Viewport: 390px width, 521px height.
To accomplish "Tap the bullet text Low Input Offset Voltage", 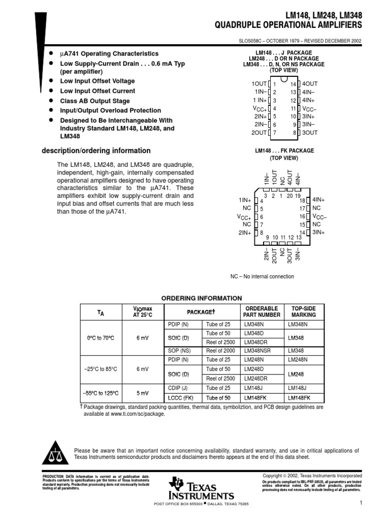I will tap(97, 81).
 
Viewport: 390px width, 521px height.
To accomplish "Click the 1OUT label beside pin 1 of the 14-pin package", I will tap(259, 83).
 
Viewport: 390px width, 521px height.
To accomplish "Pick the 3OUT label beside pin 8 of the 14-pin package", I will tap(310, 133).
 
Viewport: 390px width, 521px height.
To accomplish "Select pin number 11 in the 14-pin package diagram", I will tap(293, 108).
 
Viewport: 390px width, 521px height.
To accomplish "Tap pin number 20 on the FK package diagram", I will tap(290, 196).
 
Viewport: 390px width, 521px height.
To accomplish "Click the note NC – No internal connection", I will tap(262, 276).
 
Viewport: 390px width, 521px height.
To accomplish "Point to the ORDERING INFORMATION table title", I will tap(202, 298).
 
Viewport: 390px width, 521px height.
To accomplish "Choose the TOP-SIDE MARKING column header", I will tap(304, 311).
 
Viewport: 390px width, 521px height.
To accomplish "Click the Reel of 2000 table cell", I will tap(221, 351).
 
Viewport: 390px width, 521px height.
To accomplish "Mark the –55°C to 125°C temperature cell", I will tap(101, 393).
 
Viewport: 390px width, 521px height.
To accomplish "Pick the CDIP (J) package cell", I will tap(178, 388).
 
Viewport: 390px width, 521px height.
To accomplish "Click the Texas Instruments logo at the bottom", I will tap(202, 489).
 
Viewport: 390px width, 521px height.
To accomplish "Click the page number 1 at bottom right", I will tap(360, 503).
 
